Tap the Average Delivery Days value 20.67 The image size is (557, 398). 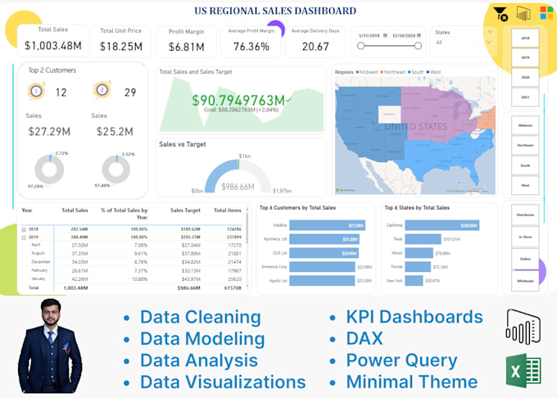pyautogui.click(x=315, y=47)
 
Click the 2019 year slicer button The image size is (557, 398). pyautogui.click(x=525, y=57)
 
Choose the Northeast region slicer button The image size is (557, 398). pyautogui.click(x=525, y=145)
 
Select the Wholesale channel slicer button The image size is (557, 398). pyautogui.click(x=525, y=280)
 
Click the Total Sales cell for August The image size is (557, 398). pyautogui.click(x=80, y=253)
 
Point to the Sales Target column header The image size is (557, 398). pyautogui.click(x=185, y=210)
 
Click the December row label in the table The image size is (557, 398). pyautogui.click(x=40, y=261)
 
